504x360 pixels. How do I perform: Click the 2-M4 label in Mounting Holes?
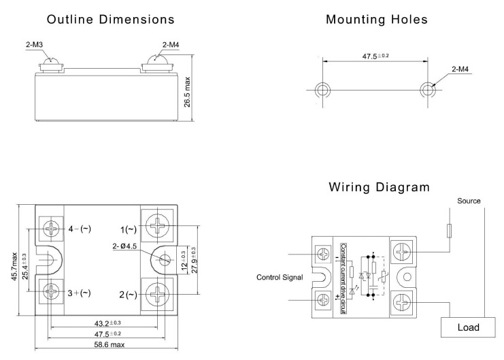coord(467,69)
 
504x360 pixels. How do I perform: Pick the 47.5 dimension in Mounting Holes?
coord(373,56)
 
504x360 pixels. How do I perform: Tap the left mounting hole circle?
coord(320,89)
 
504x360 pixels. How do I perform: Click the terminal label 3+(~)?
coord(79,293)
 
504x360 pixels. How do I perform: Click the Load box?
coord(468,327)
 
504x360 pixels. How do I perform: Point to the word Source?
coord(469,201)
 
